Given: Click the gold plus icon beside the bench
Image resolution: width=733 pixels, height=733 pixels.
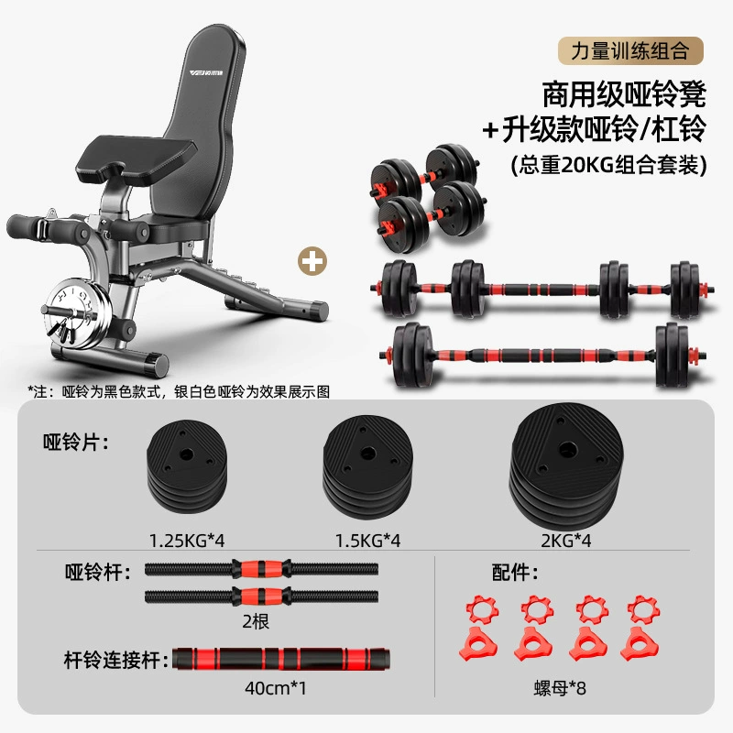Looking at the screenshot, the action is [312, 261].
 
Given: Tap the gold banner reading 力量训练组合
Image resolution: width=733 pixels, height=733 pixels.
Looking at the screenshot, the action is [630, 50].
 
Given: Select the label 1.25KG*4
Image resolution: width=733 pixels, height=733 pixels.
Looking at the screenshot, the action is [187, 541].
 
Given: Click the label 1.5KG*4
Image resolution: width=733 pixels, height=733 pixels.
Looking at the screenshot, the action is [368, 541].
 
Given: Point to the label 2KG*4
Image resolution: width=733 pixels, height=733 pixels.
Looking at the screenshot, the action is [566, 541].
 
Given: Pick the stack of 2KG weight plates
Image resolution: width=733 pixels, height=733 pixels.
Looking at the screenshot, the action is [566, 465].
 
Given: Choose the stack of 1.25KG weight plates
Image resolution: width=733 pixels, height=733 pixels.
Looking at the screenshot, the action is [187, 466].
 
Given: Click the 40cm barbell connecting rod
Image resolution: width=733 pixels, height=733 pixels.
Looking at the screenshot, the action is [281, 659].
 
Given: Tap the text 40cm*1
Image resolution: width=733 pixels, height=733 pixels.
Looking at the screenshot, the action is [276, 688].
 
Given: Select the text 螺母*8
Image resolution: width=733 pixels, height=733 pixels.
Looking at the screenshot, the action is [560, 688].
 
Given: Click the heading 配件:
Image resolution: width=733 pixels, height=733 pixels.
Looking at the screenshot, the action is [515, 572].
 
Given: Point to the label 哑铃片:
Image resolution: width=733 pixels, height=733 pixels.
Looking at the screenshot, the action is [76, 442].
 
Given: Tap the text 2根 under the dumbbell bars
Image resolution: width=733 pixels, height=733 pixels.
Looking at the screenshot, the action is [256, 621].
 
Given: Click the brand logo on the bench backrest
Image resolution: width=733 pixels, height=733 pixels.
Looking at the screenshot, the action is [206, 73].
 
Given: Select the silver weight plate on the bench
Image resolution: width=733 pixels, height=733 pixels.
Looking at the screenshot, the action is [77, 314].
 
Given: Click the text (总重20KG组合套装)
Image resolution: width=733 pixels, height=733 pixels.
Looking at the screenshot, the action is [608, 165].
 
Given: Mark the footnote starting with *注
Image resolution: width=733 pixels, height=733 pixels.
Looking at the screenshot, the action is [179, 391].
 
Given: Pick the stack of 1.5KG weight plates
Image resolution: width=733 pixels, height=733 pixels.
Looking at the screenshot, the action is [368, 466].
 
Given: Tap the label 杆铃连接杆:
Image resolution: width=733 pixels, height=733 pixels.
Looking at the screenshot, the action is [116, 660].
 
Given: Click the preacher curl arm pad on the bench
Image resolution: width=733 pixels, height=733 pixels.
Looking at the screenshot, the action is [137, 158].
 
